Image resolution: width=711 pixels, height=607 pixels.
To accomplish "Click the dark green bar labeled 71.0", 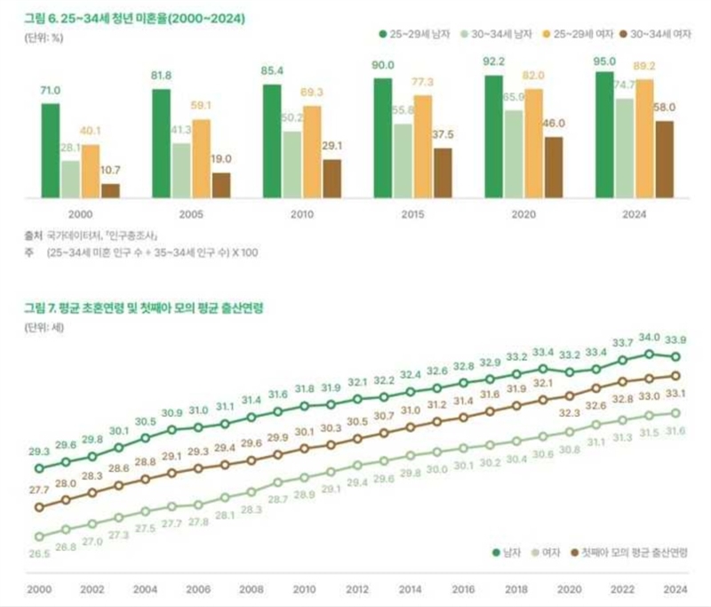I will pyautogui.click(x=50, y=149).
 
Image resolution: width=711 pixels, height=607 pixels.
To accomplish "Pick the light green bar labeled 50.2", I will pyautogui.click(x=292, y=164).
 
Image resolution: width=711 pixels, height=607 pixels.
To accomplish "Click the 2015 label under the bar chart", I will pyautogui.click(x=412, y=215).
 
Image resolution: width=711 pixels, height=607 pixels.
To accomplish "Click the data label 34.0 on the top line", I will pyautogui.click(x=650, y=338).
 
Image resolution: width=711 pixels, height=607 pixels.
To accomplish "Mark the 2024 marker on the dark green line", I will pyautogui.click(x=676, y=356).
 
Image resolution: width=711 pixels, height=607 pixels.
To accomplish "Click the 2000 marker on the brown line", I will pyautogui.click(x=38, y=507).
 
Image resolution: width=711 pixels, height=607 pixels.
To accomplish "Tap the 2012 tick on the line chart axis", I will pyautogui.click(x=357, y=589).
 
